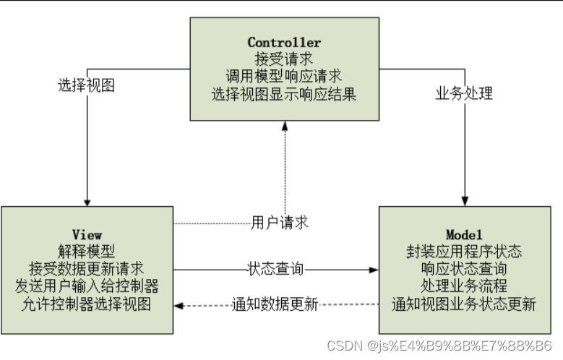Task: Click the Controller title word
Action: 284,42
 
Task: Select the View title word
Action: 87,235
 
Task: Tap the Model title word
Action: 463,235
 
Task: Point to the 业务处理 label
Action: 463,94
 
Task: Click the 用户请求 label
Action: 280,223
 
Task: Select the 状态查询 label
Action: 275,270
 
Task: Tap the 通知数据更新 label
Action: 275,304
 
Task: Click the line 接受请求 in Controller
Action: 284,59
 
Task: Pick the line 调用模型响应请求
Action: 284,76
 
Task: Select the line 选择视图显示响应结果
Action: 284,94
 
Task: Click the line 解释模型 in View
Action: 87,252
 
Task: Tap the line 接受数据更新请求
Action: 87,269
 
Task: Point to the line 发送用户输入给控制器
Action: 87,286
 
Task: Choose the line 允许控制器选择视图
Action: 87,304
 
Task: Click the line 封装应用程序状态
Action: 463,252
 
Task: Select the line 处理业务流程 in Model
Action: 463,286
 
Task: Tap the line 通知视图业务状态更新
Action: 463,304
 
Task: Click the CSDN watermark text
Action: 439,346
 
